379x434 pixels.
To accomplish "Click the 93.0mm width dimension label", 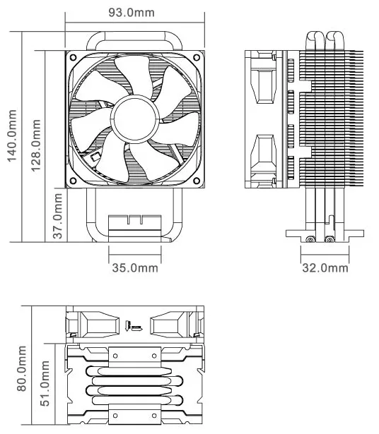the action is coord(131,13).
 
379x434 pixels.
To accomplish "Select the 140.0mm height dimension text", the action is coord(12,135).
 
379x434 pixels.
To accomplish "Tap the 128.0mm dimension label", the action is coord(35,145).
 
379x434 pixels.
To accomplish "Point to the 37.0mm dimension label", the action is coord(58,216).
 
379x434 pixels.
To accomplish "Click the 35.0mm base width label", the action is coord(135,267).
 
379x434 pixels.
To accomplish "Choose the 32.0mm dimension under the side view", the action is coord(325,267).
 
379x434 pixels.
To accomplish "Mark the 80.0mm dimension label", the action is coord(22,368).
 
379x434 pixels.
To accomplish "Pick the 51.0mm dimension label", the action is coord(45,383).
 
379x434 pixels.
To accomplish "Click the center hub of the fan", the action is coord(135,119).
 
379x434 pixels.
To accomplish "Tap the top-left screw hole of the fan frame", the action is coord(74,58).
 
